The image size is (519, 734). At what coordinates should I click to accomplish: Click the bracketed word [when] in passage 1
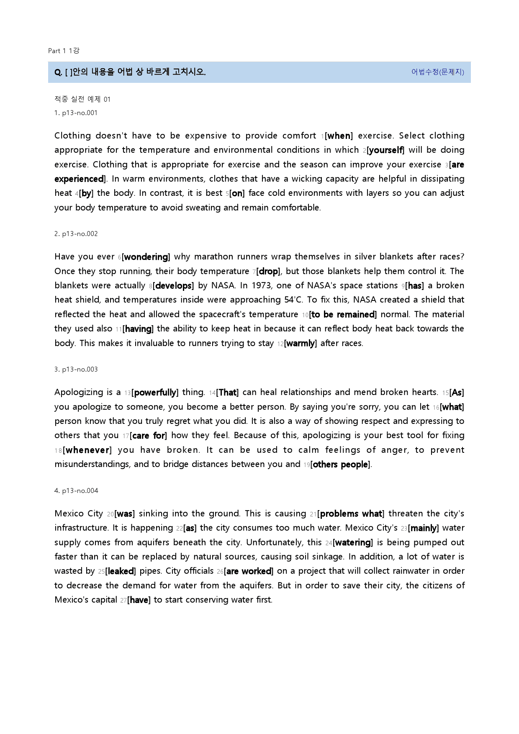(x=339, y=136)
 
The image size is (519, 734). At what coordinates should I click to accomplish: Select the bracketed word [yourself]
(x=385, y=150)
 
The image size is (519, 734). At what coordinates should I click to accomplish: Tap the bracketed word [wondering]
(x=146, y=257)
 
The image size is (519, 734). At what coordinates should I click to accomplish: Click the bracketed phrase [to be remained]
(x=343, y=315)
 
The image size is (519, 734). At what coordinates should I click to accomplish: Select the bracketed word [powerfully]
(x=155, y=393)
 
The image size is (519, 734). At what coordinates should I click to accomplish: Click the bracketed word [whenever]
(x=87, y=450)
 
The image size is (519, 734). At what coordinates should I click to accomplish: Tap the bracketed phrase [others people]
(x=341, y=465)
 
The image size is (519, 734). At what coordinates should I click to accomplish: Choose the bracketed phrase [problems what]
(x=351, y=514)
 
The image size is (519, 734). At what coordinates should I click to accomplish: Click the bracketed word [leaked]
(x=121, y=571)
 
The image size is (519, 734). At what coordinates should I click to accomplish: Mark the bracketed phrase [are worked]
(x=249, y=571)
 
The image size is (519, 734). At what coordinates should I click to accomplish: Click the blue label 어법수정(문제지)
(x=437, y=72)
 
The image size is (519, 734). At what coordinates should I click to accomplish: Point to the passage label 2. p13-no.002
(x=76, y=234)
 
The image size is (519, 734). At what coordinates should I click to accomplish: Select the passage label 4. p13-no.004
(x=76, y=491)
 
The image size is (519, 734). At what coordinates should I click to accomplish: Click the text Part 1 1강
(x=64, y=51)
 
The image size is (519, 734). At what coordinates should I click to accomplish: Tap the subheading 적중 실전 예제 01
(x=82, y=99)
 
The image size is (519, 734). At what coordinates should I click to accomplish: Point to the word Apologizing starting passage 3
(x=79, y=393)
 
